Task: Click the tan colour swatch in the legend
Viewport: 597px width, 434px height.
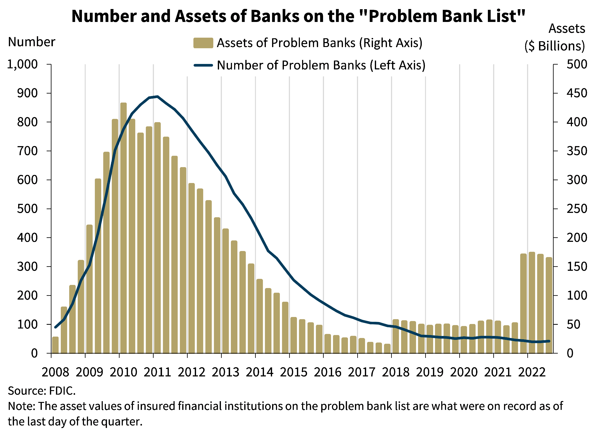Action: click(203, 43)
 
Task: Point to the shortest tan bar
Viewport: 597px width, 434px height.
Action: click(387, 348)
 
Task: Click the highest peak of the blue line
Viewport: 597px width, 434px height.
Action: click(157, 96)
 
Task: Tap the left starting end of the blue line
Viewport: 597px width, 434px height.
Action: click(55, 327)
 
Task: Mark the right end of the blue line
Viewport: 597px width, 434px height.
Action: click(549, 341)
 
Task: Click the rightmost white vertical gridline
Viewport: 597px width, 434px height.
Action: click(528, 158)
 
